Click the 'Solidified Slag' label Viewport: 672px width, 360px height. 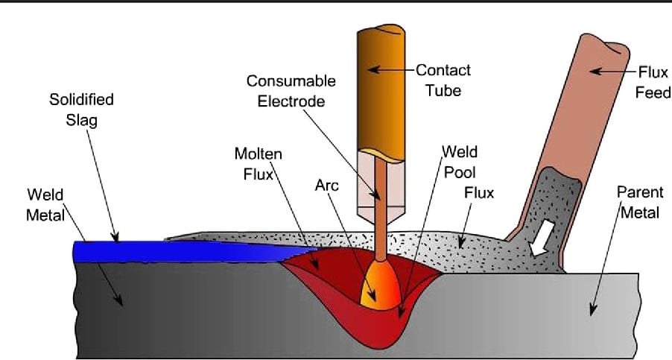pyautogui.click(x=81, y=110)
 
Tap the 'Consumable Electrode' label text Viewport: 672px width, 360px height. pyautogui.click(x=291, y=90)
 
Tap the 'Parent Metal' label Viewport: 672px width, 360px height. pyautogui.click(x=638, y=202)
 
